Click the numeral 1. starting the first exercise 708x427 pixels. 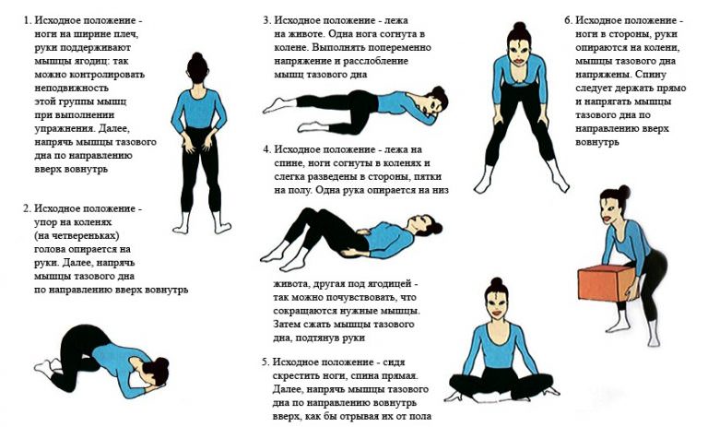(28, 21)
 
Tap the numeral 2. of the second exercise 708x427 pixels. (28, 208)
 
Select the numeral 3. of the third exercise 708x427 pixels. (267, 21)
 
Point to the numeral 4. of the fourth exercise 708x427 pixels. (267, 149)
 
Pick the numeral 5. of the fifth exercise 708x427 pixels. (265, 362)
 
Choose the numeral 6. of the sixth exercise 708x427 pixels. (569, 21)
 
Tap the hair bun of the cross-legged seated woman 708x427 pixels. (497, 282)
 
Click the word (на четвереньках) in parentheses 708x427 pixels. (77, 236)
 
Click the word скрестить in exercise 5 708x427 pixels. (294, 376)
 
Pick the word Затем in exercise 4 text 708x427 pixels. (288, 325)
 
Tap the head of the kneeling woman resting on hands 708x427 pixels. (155, 372)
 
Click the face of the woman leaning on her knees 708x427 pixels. (518, 51)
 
